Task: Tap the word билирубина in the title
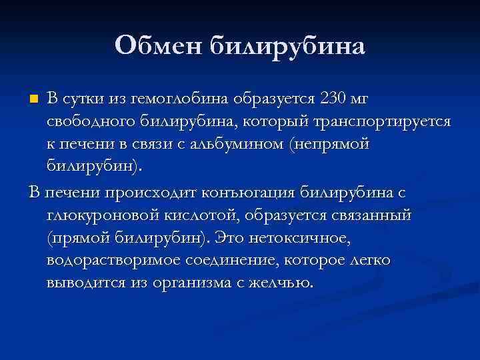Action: coord(288,47)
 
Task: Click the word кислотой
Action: coord(191,215)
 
